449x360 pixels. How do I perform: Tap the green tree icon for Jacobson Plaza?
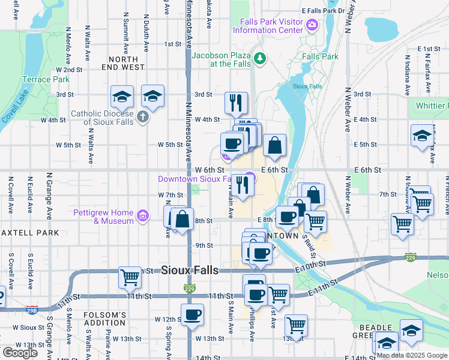(259, 58)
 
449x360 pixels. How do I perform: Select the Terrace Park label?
(46, 79)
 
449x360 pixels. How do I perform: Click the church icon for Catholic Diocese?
(143, 116)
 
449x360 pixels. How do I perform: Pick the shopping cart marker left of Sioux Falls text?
(130, 277)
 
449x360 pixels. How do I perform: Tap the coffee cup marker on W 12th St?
(192, 314)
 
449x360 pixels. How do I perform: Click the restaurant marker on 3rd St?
(236, 103)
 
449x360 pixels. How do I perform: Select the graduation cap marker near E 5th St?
(422, 136)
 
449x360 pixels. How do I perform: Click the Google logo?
(20, 352)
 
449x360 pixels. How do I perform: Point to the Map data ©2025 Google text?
(411, 355)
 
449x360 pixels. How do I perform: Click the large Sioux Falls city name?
(190, 271)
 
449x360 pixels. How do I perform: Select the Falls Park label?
(321, 57)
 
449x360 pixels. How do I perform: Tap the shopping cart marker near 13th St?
(296, 326)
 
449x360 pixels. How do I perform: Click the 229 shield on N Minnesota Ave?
(188, 289)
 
